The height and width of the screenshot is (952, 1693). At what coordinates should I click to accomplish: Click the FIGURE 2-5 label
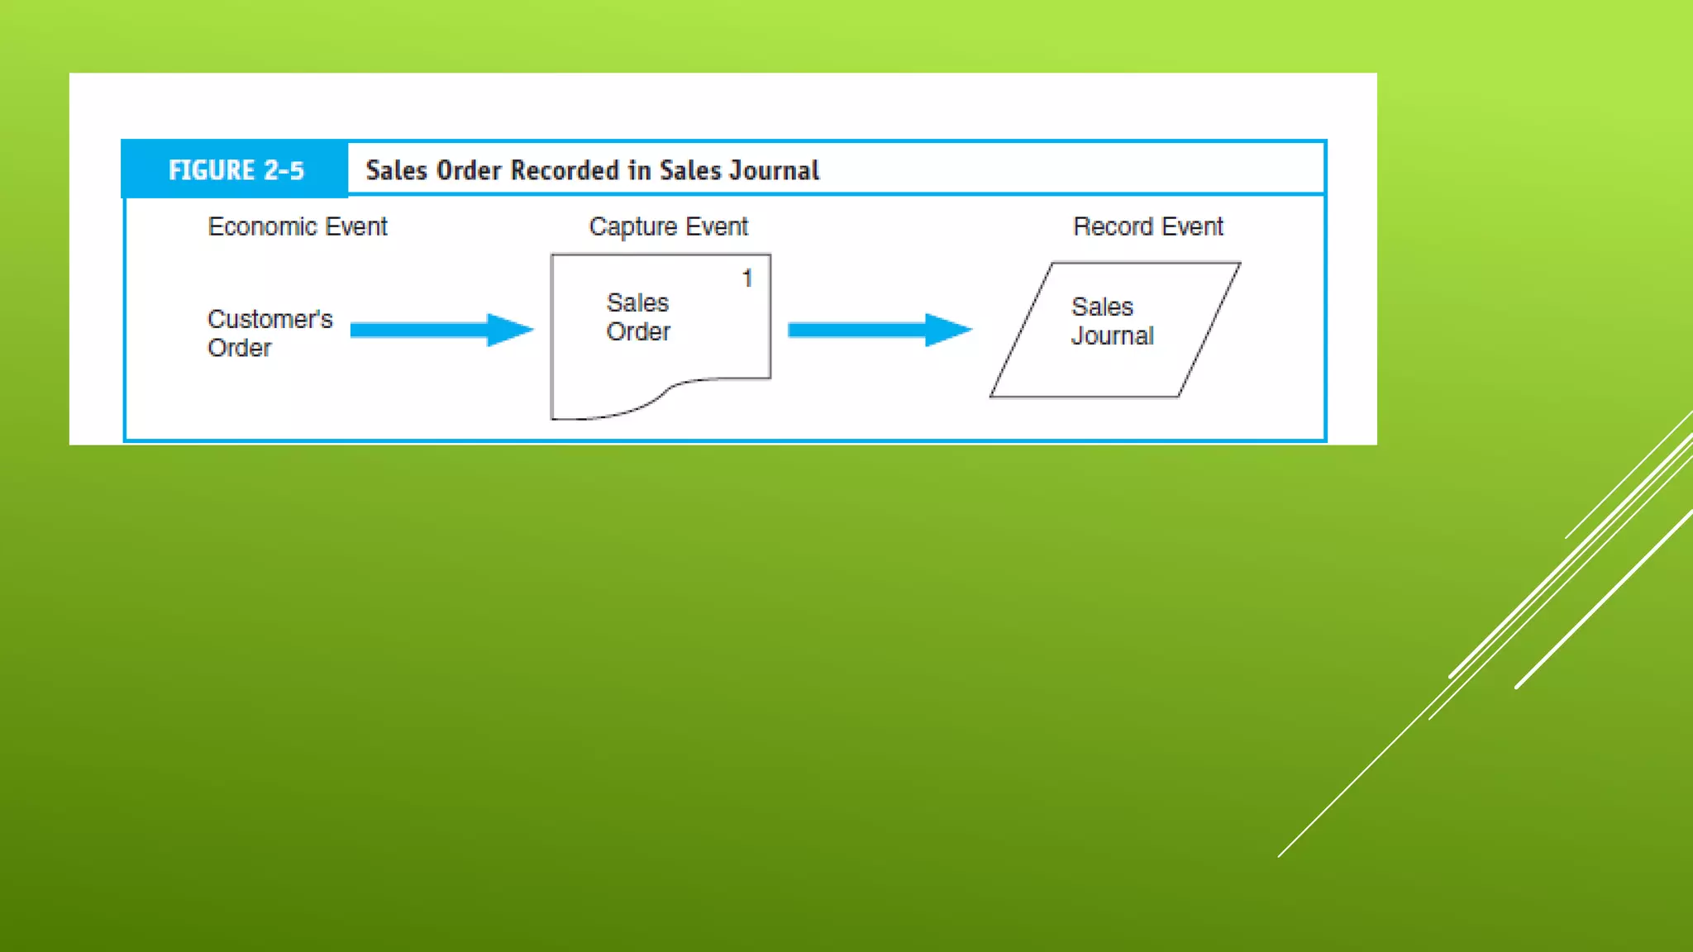[x=236, y=170]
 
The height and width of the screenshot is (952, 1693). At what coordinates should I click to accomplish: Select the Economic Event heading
[x=297, y=226]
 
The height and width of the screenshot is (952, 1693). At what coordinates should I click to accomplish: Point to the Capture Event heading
[x=668, y=226]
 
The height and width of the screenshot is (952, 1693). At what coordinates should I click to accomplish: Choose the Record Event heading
[x=1147, y=226]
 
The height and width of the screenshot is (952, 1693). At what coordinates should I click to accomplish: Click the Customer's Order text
[x=269, y=333]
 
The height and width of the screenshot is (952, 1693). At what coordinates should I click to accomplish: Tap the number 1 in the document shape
[x=747, y=278]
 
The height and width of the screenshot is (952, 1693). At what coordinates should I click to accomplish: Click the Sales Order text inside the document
[x=638, y=317]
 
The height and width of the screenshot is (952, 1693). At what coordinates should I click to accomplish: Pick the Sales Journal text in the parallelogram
[x=1112, y=321]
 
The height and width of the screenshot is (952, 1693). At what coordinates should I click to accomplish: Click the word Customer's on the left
[x=269, y=319]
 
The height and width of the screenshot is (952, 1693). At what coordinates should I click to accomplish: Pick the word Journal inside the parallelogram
[x=1112, y=336]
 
